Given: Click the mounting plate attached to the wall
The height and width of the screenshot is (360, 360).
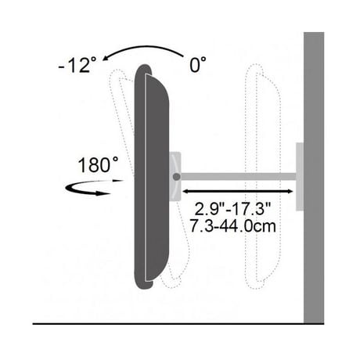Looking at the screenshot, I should pyautogui.click(x=300, y=177).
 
